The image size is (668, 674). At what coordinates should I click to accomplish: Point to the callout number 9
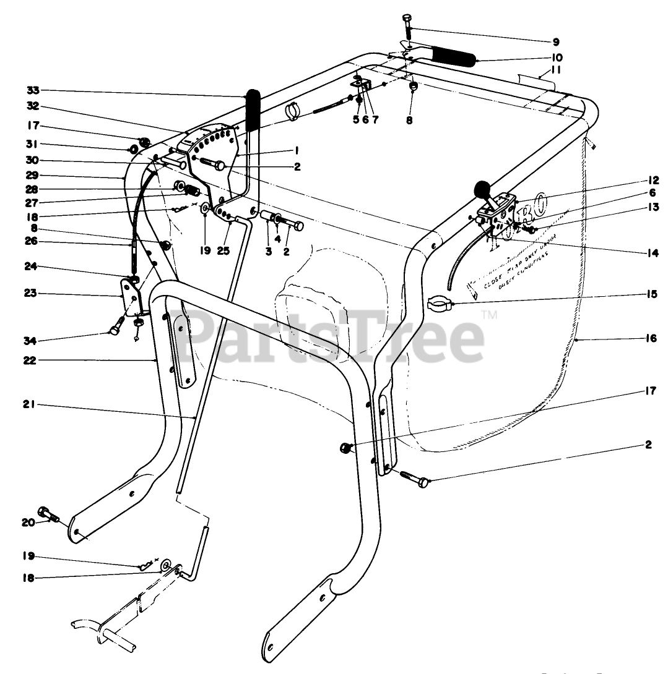tap(556, 42)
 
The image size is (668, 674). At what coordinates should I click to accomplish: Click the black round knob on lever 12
tap(482, 187)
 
